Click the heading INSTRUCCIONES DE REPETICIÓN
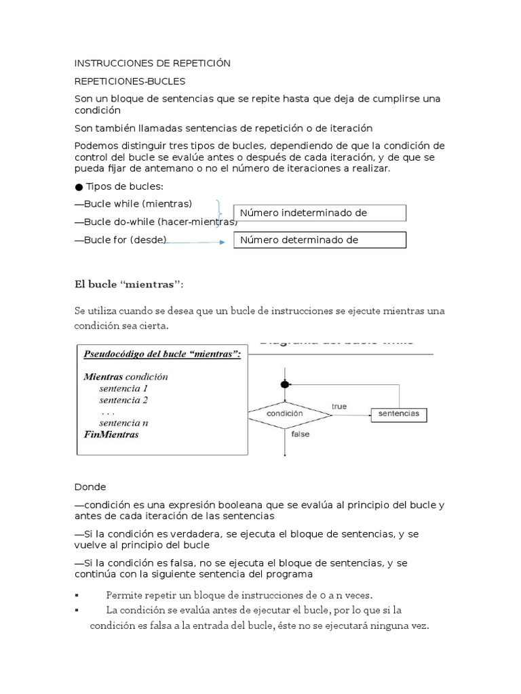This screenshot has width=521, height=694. [153, 63]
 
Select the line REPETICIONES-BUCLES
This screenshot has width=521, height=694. [130, 81]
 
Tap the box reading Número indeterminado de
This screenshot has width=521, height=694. [320, 213]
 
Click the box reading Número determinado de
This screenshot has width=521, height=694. [320, 240]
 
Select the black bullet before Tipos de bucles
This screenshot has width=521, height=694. [79, 187]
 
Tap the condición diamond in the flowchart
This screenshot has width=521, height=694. [285, 413]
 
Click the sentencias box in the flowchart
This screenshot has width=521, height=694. [398, 413]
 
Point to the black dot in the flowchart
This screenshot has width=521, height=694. [285, 384]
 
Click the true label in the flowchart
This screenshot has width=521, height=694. [339, 406]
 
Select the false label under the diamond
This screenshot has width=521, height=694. [301, 434]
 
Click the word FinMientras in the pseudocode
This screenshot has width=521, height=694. [111, 434]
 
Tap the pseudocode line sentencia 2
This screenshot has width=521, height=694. [123, 400]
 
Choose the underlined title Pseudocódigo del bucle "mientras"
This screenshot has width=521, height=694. [162, 354]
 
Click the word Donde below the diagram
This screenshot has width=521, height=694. [90, 487]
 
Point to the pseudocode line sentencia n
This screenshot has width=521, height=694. [123, 423]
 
